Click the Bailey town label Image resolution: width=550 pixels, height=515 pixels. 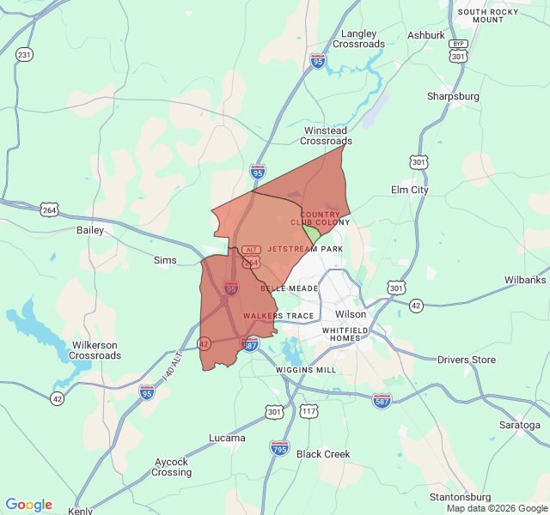[x=89, y=230]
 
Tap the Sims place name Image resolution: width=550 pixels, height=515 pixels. [x=164, y=260]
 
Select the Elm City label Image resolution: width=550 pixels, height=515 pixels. [x=410, y=190]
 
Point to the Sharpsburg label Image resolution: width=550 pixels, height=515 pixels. [x=453, y=97]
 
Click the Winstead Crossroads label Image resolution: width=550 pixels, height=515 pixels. [x=327, y=136]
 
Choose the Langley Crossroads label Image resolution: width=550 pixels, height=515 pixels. [x=358, y=39]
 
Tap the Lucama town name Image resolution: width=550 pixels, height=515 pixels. [x=227, y=438]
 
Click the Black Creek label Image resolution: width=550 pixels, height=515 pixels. [x=323, y=454]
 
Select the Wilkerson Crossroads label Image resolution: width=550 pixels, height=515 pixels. [x=95, y=350]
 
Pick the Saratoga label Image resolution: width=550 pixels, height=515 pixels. [x=519, y=425]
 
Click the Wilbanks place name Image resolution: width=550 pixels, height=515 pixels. [x=525, y=281]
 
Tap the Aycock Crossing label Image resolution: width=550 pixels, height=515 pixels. [x=172, y=467]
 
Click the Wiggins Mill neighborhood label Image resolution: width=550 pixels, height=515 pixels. [x=306, y=370]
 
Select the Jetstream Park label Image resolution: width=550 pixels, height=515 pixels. [x=305, y=249]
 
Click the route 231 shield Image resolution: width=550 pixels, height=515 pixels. [x=24, y=55]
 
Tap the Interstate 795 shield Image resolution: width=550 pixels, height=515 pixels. [x=279, y=447]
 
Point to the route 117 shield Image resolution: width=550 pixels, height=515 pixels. [x=309, y=412]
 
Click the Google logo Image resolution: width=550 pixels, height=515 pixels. [x=28, y=505]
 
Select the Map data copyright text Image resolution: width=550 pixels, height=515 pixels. [x=497, y=508]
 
